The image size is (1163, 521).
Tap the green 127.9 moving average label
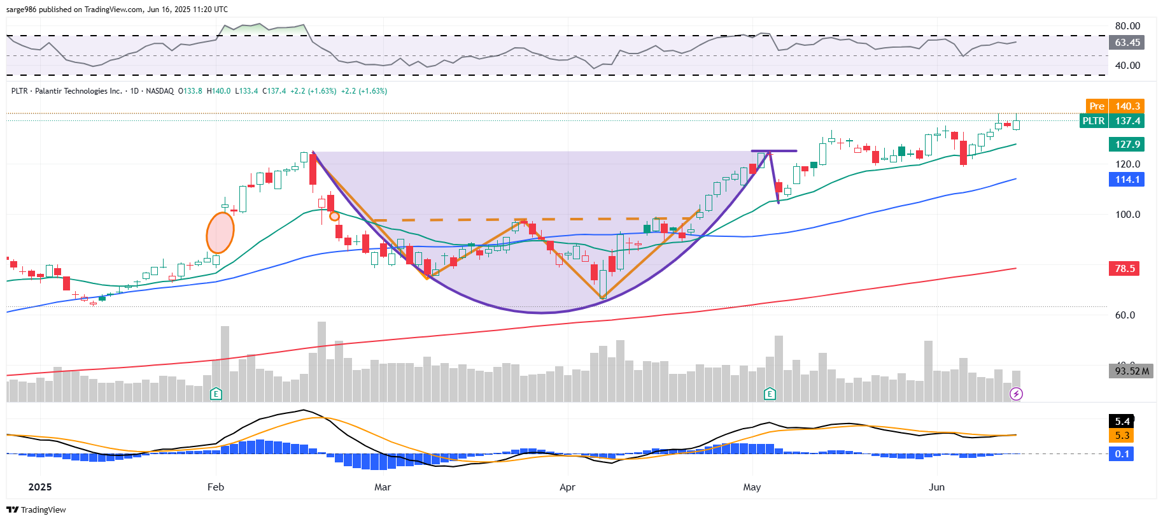1126,145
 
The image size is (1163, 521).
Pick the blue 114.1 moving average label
1126,180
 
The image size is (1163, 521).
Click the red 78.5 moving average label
1124,269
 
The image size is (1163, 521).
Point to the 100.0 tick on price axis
1127,215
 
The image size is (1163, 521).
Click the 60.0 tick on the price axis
1125,315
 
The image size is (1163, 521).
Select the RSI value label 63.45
1127,43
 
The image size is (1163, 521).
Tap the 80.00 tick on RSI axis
1127,26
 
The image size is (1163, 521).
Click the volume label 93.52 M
1131,371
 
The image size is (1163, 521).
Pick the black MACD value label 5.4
1122,422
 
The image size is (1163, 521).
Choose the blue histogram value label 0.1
1122,454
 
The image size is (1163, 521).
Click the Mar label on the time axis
383,487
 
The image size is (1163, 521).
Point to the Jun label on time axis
936,487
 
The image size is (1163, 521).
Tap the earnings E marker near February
216,394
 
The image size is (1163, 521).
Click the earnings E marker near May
770,394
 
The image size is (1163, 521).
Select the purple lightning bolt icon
1016,394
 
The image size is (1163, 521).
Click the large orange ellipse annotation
220,233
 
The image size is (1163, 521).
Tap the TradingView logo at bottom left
36,510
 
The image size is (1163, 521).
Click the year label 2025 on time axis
40,487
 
